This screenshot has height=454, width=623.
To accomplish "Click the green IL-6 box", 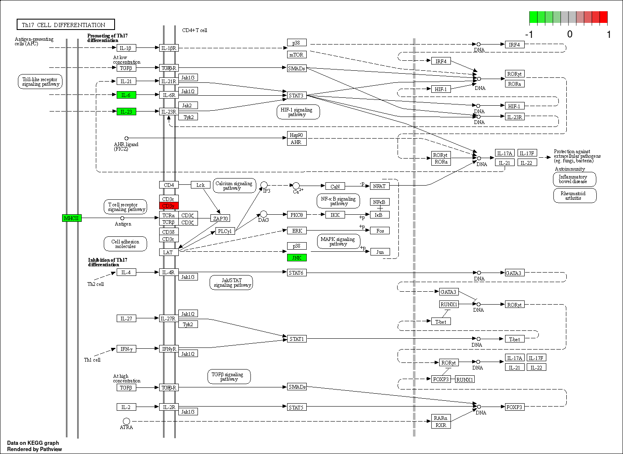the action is [x=126, y=95].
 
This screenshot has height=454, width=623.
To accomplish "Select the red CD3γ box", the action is [x=169, y=206].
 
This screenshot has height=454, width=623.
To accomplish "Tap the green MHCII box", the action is [x=72, y=218].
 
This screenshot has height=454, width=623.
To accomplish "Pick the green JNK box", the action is [x=297, y=258].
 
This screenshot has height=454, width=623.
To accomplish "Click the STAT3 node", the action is [x=297, y=96].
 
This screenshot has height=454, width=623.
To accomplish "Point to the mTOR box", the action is [x=297, y=55].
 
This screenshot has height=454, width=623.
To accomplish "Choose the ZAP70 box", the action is [x=220, y=218].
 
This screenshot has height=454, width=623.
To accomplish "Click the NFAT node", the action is [x=380, y=186].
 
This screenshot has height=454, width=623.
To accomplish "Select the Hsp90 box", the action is [x=297, y=135].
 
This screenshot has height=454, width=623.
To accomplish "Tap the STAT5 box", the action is [x=297, y=407].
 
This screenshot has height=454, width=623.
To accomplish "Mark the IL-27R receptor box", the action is [x=169, y=318].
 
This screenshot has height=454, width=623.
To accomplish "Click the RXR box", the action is [x=441, y=425].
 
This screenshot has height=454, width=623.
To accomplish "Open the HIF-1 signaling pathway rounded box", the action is [x=298, y=112].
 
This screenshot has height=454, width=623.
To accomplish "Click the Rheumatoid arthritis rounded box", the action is [x=575, y=196].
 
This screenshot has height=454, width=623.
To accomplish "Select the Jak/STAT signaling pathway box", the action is [x=231, y=283].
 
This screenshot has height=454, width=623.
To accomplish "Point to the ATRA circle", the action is [x=126, y=421].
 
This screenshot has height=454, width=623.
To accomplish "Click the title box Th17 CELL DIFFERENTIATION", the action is [x=66, y=25].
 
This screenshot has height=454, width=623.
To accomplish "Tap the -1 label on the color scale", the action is [x=529, y=35].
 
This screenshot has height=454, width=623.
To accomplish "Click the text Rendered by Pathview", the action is [x=35, y=449].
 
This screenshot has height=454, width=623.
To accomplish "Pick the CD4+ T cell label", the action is [x=195, y=30].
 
